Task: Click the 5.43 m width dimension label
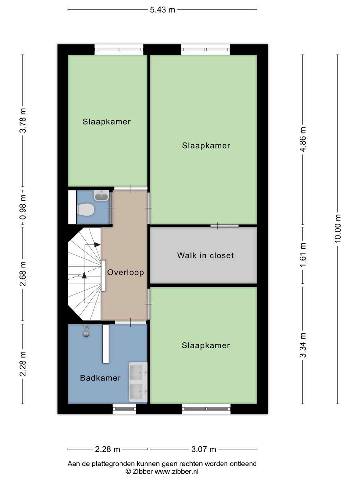[162, 10]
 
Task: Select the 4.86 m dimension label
[303, 139]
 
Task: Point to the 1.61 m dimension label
[303, 255]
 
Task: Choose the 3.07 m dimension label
[204, 449]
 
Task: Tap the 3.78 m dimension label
[23, 120]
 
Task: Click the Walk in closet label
[205, 255]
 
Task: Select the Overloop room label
[126, 273]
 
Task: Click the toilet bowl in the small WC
[86, 209]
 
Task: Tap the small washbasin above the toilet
[101, 196]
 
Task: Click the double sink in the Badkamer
[138, 382]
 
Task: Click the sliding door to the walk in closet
[224, 226]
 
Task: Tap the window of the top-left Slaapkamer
[119, 50]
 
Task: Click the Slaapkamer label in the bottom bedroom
[206, 345]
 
